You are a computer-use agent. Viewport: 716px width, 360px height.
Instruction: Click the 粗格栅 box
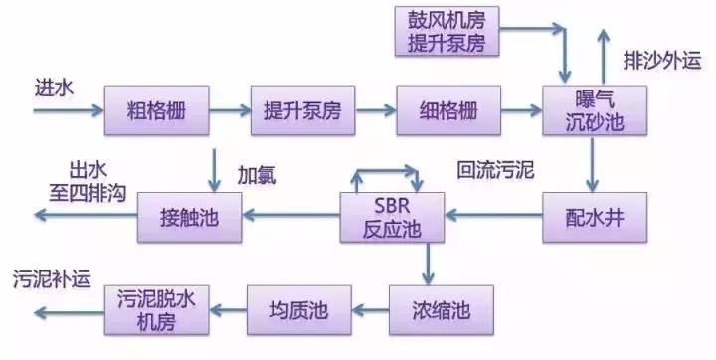158,110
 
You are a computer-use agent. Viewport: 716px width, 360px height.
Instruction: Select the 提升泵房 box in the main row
302,110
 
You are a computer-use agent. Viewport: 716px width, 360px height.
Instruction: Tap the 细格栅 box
445,110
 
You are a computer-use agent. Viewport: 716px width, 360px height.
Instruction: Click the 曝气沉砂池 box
591,111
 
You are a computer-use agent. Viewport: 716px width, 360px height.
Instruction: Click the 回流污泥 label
495,170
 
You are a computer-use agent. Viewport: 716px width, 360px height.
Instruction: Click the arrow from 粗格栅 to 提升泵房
231,110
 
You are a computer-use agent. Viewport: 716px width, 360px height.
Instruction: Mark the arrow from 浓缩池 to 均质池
363,309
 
